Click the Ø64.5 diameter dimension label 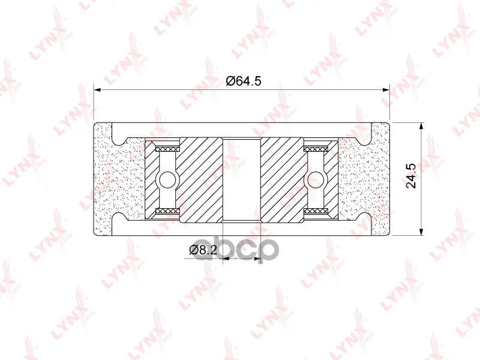point(244,81)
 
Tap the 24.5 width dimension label point(411,176)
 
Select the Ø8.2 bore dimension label point(203,250)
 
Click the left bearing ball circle point(167,179)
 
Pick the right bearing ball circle point(316,179)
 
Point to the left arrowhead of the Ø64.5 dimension point(97,89)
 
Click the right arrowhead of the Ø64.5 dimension point(385,89)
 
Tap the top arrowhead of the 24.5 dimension point(422,127)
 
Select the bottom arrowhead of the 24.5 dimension point(422,232)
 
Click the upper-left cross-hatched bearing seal point(167,149)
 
